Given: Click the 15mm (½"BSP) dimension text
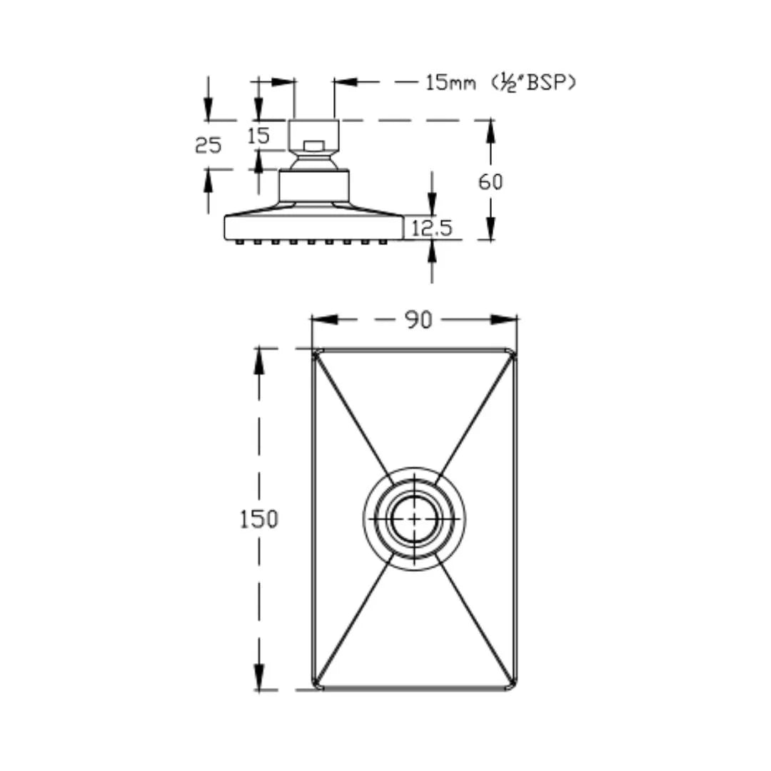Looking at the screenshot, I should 500,83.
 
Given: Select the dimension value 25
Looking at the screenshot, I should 208,145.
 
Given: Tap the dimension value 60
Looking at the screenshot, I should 490,181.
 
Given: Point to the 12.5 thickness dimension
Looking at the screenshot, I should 432,228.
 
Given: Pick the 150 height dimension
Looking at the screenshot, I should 258,519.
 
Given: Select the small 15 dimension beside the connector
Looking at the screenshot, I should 259,136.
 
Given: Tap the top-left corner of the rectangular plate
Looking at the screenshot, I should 314,351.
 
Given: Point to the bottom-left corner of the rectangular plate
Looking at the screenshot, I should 314,687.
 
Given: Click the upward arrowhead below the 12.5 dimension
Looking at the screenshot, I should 432,249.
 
